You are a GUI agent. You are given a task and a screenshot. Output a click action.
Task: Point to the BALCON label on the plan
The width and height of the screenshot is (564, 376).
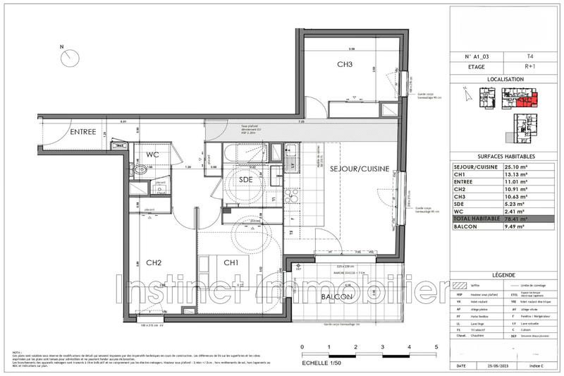coord(336,298)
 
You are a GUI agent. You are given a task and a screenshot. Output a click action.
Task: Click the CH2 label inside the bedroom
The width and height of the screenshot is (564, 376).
coord(154,263)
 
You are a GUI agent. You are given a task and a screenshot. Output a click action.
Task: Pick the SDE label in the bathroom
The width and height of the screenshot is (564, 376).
coord(245,180)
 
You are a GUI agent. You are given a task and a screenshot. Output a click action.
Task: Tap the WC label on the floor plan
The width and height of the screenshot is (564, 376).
coord(155,154)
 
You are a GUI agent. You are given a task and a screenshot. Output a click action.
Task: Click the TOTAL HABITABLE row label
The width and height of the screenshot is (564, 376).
coord(476,219)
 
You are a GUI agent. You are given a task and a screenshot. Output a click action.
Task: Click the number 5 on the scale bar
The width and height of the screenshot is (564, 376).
coord(436,347)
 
